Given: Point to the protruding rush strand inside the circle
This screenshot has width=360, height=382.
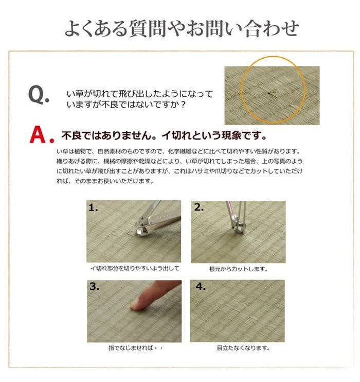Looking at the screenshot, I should click(x=271, y=93).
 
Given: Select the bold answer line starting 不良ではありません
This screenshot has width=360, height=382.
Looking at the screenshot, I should click(x=164, y=136).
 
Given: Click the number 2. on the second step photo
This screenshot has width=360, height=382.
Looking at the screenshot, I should click(x=199, y=209).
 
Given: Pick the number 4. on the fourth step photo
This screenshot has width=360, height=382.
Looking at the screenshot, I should click(x=199, y=287).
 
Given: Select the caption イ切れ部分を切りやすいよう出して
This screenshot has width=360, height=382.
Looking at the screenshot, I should click(x=135, y=269).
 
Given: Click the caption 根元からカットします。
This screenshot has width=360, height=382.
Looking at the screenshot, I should click(x=238, y=269).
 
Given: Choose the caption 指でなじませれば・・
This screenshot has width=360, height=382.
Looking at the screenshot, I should click(x=135, y=348).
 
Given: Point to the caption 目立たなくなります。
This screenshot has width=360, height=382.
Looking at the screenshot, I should click(x=238, y=348).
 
